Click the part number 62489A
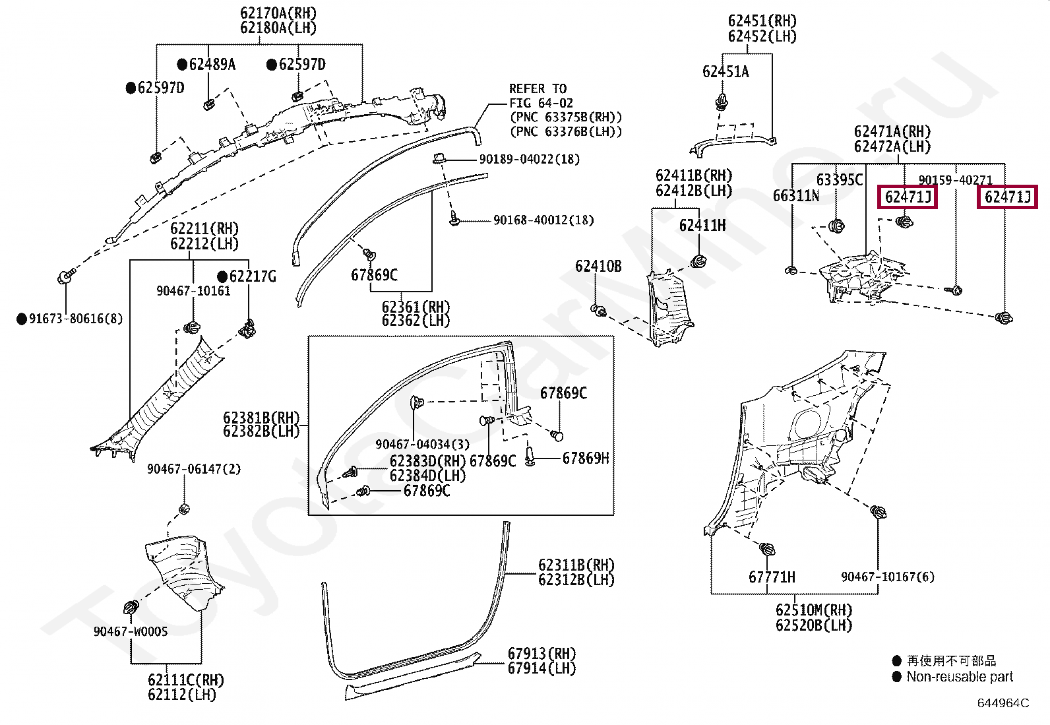pos(212,65)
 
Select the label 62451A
pos(726,72)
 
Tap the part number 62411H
pos(702,226)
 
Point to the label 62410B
pos(598,267)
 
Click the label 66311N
pos(796,196)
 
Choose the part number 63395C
pos(840,180)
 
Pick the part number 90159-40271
pos(955,180)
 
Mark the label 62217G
pos(253,276)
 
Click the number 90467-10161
pos(193,291)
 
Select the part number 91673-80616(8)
pos(76,319)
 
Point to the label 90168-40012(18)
pos(543,220)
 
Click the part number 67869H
pos(586,458)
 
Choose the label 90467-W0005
pos(131,632)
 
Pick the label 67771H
pos(772,577)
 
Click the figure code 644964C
pos(1003,703)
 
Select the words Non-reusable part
pos(960,677)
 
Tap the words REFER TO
pos(538,89)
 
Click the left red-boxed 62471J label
pos(907,197)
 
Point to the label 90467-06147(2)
pos(194,469)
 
